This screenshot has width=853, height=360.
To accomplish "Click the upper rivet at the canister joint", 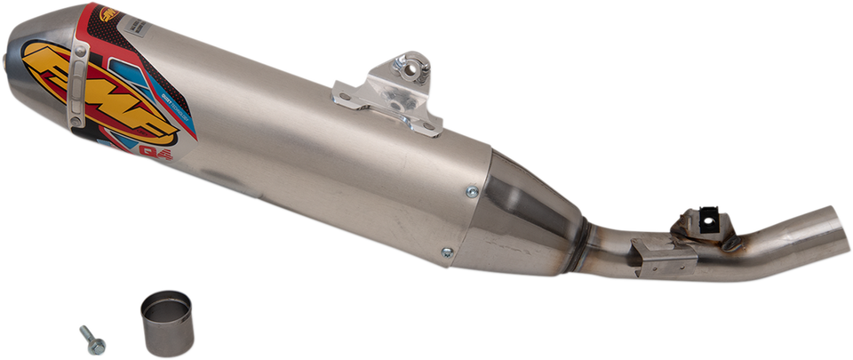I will (473, 189).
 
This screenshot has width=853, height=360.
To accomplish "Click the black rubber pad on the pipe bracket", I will (713, 212).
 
